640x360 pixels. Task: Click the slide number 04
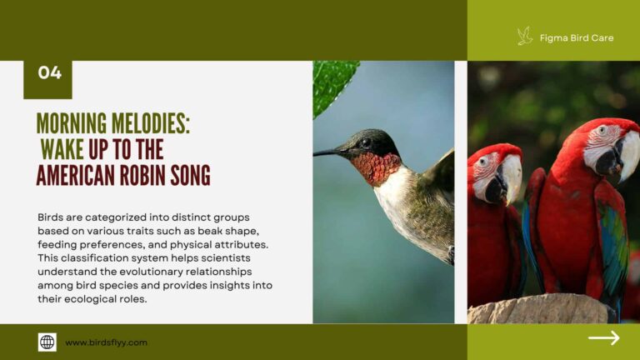(49, 73)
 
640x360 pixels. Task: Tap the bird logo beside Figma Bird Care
(524, 36)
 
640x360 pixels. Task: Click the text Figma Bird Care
(577, 37)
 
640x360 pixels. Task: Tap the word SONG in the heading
(192, 175)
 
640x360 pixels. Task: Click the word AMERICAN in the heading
(76, 175)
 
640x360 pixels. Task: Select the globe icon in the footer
(47, 342)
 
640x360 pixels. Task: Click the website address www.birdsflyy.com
(106, 342)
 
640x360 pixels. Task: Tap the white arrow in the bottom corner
(603, 337)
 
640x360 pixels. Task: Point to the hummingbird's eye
(365, 142)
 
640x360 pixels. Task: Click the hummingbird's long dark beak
(328, 152)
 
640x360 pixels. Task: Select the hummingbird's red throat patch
(376, 167)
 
